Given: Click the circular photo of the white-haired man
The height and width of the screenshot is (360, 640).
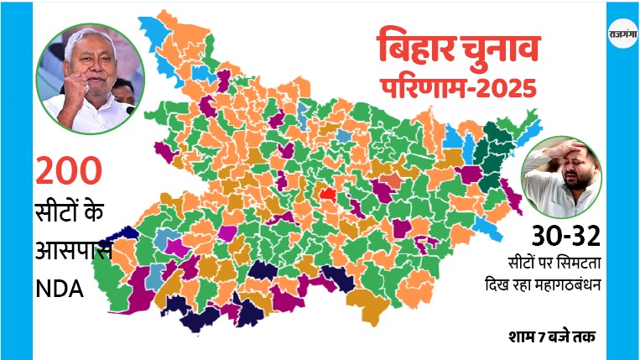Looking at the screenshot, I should pyautogui.click(x=90, y=77).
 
